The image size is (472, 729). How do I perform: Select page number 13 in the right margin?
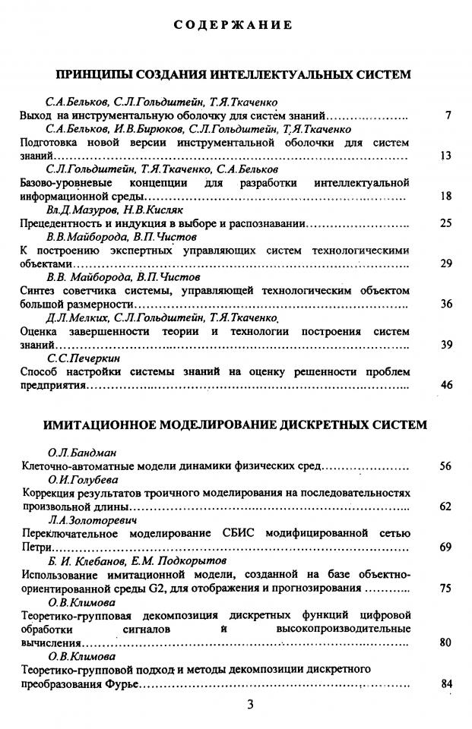(446, 156)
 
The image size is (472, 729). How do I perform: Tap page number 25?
(446, 223)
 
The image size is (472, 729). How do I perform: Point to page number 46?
(446, 385)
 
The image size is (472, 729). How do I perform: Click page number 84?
(446, 683)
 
